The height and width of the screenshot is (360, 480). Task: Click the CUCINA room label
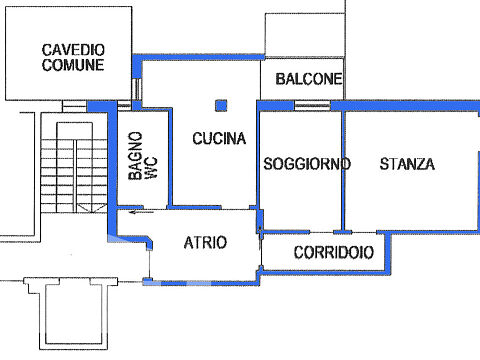coord(219,138)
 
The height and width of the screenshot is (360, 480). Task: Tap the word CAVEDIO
coord(73,50)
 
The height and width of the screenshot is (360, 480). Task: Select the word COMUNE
coord(73,65)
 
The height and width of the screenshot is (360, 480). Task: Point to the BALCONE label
coord(309,79)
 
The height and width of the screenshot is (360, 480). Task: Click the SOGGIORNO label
coord(307,164)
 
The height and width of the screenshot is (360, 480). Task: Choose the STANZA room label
coord(407,164)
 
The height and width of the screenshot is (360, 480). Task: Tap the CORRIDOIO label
coord(334,252)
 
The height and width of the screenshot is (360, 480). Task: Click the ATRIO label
coord(205,242)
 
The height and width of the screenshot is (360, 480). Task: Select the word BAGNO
coord(136,156)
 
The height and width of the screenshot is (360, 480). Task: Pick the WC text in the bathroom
coord(152,168)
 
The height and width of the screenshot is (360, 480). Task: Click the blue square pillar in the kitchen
coord(221,105)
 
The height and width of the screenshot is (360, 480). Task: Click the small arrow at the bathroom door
coord(142,211)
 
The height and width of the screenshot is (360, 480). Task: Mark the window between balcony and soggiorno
coord(312,106)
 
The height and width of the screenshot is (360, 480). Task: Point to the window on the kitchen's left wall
coord(136,89)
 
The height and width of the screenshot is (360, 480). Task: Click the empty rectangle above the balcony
coord(305,35)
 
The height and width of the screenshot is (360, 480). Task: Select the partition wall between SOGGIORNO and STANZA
coord(343,171)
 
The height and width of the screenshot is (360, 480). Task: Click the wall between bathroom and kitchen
coord(170,157)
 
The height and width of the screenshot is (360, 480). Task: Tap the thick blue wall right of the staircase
coord(112,170)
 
